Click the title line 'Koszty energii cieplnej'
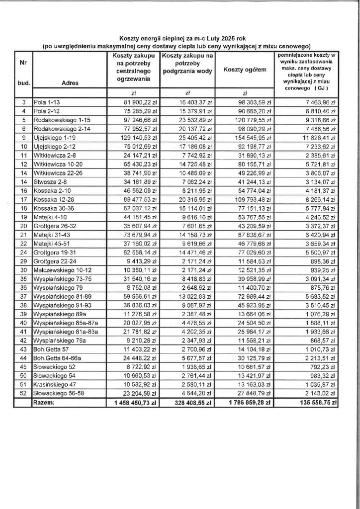tap(177, 37)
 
